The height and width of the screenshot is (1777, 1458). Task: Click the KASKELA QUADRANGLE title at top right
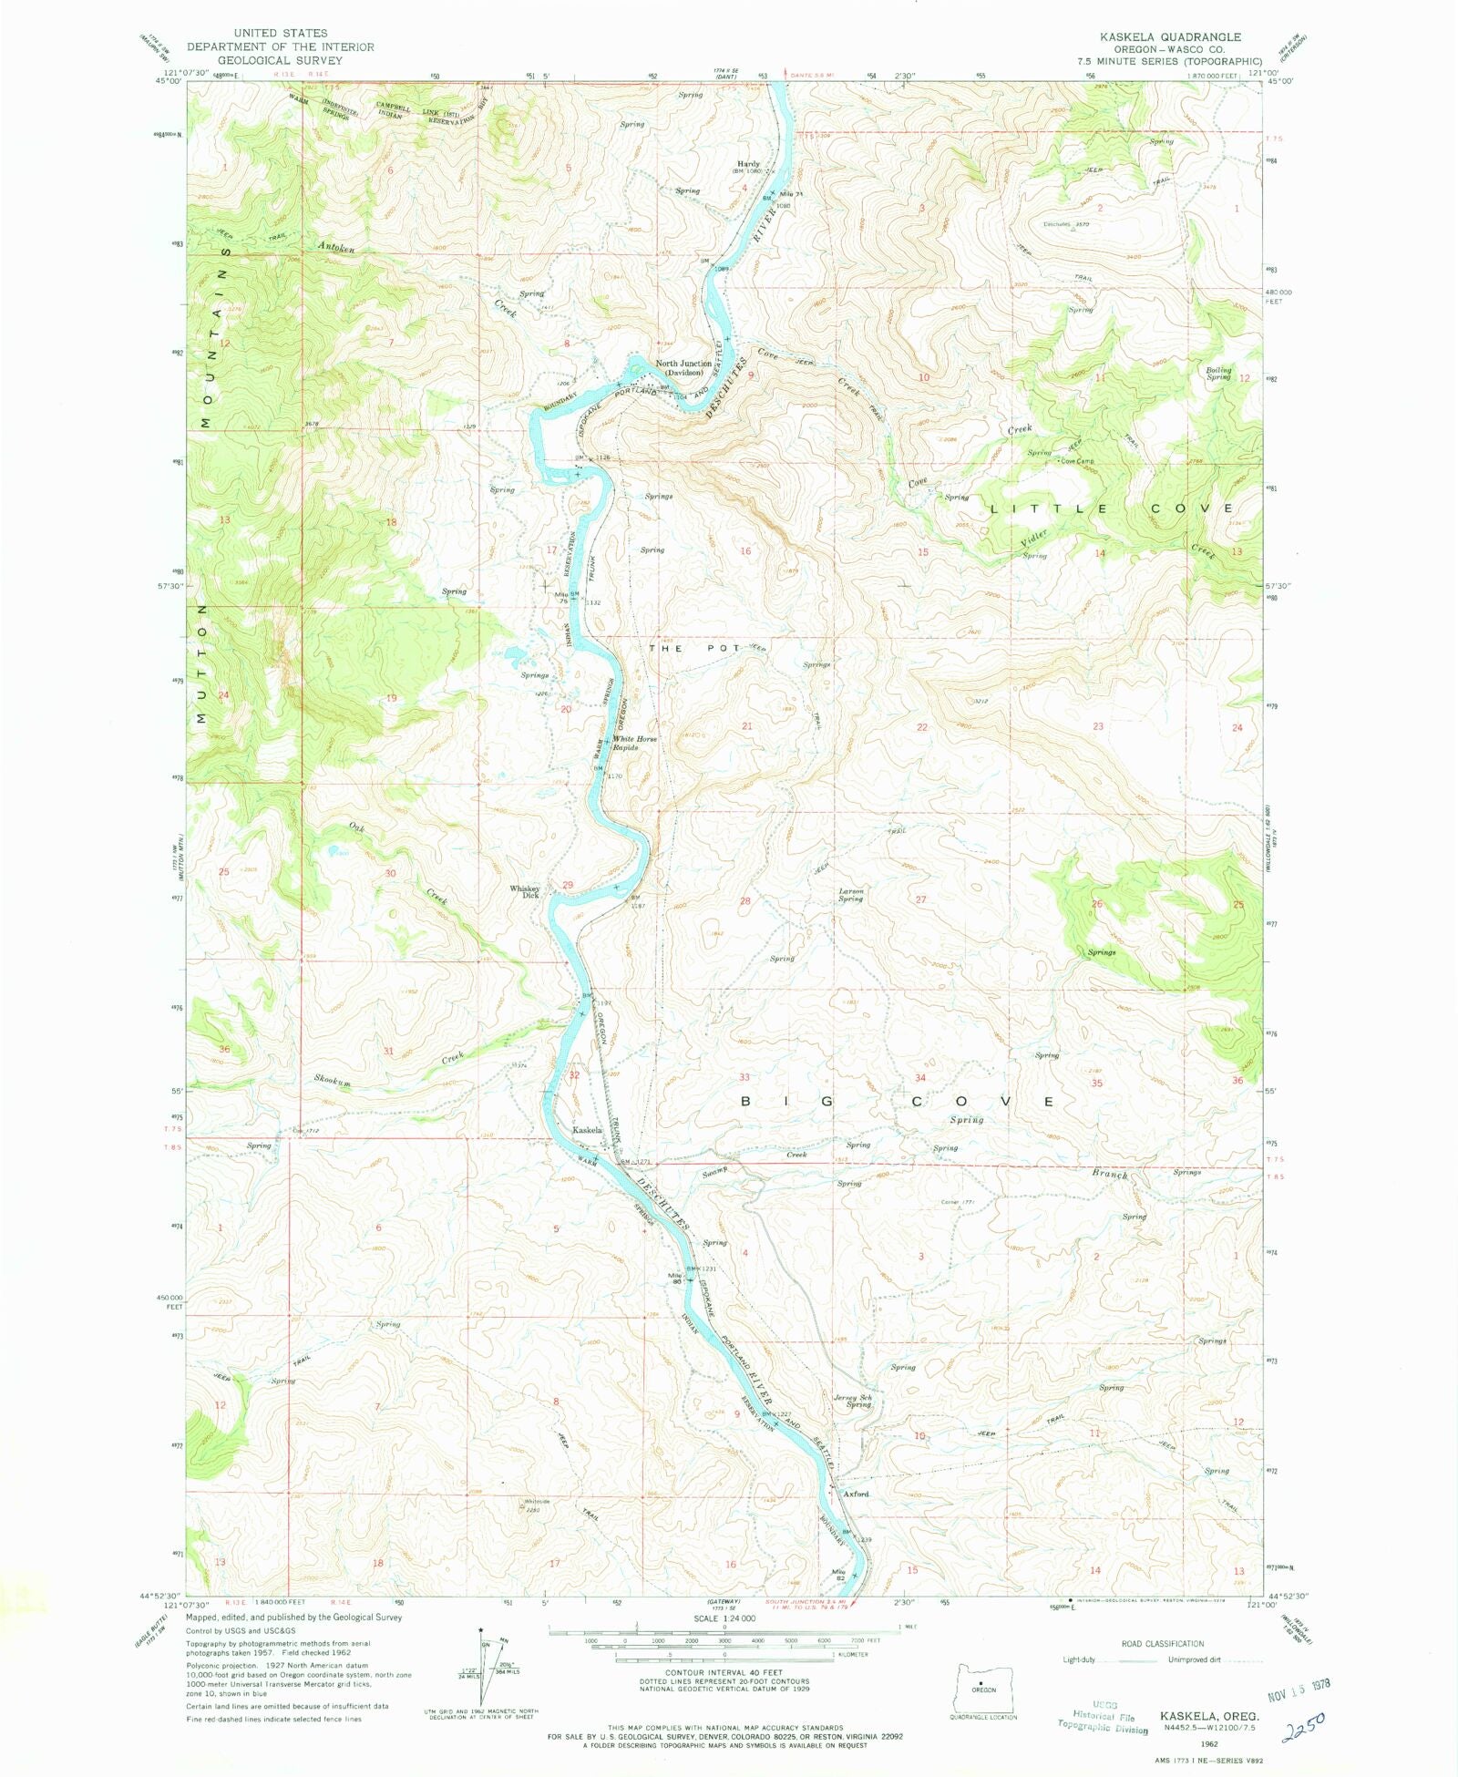click(x=1169, y=37)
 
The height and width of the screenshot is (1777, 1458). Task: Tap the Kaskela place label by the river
click(x=587, y=1130)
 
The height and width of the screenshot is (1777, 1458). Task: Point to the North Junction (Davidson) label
click(x=683, y=367)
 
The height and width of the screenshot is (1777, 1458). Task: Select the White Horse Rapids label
click(x=634, y=743)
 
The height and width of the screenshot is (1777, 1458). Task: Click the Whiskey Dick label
click(x=525, y=891)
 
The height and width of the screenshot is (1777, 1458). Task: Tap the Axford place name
click(x=856, y=1494)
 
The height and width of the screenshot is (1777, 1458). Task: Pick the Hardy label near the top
click(x=748, y=164)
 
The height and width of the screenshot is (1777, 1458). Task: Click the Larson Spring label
click(x=850, y=894)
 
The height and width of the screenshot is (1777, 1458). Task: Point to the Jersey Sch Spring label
click(x=853, y=1401)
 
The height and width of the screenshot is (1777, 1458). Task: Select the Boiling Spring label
click(x=1218, y=373)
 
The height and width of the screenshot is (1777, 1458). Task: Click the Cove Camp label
click(x=1076, y=461)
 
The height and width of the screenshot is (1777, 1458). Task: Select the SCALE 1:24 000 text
click(x=724, y=1618)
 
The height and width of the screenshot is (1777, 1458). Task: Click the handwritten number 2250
click(x=1303, y=1725)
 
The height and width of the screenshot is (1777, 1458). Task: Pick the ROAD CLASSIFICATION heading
click(x=1162, y=1643)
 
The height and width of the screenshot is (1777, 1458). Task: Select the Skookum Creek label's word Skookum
click(x=333, y=1081)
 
